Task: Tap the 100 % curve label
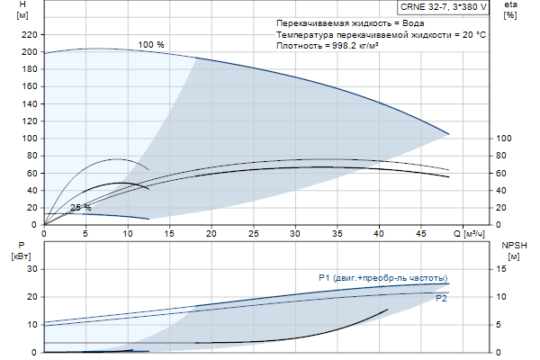[x=151, y=44]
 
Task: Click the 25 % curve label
[x=81, y=208]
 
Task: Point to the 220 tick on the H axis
[x=29, y=34]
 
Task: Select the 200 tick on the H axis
[x=29, y=52]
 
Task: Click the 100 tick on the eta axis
[x=504, y=139]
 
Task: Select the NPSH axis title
[x=512, y=245]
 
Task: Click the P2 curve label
[x=441, y=298]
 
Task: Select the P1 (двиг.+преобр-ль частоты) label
[x=382, y=277]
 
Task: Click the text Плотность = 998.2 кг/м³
[x=328, y=45]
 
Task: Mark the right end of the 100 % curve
[x=448, y=134]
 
